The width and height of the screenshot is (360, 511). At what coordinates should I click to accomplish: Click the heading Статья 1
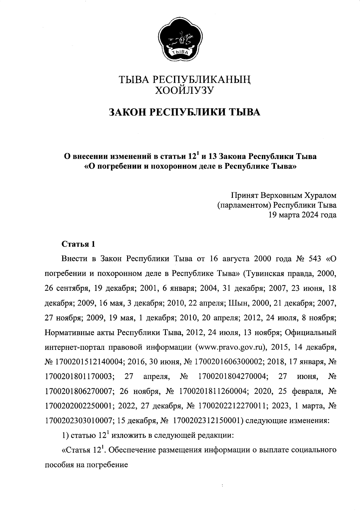pyautogui.click(x=78, y=244)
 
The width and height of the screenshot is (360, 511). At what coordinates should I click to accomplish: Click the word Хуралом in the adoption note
pyautogui.click(x=320, y=196)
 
